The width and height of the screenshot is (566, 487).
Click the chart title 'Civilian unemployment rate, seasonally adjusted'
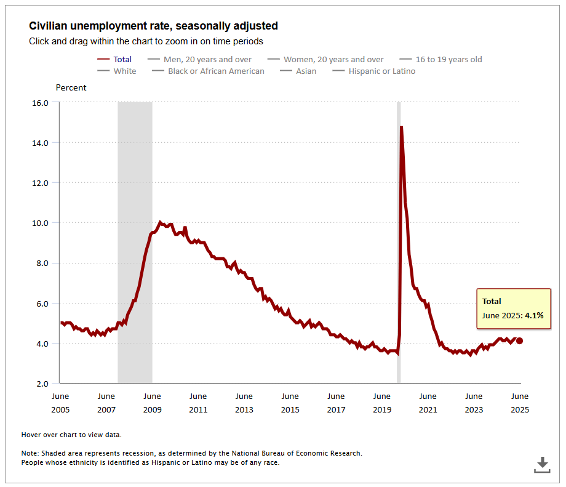click(x=153, y=26)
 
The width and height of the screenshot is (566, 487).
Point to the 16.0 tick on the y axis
click(x=40, y=103)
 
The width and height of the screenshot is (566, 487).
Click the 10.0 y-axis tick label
click(x=40, y=223)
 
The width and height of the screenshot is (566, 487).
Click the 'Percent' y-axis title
click(x=71, y=88)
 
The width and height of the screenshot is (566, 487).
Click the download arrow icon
click(x=542, y=465)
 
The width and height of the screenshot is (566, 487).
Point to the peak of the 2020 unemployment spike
click(x=402, y=127)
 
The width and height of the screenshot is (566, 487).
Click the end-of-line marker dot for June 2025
click(x=520, y=340)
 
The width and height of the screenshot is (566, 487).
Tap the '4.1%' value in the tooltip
click(x=534, y=315)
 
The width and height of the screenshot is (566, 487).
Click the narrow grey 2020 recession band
click(x=399, y=246)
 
